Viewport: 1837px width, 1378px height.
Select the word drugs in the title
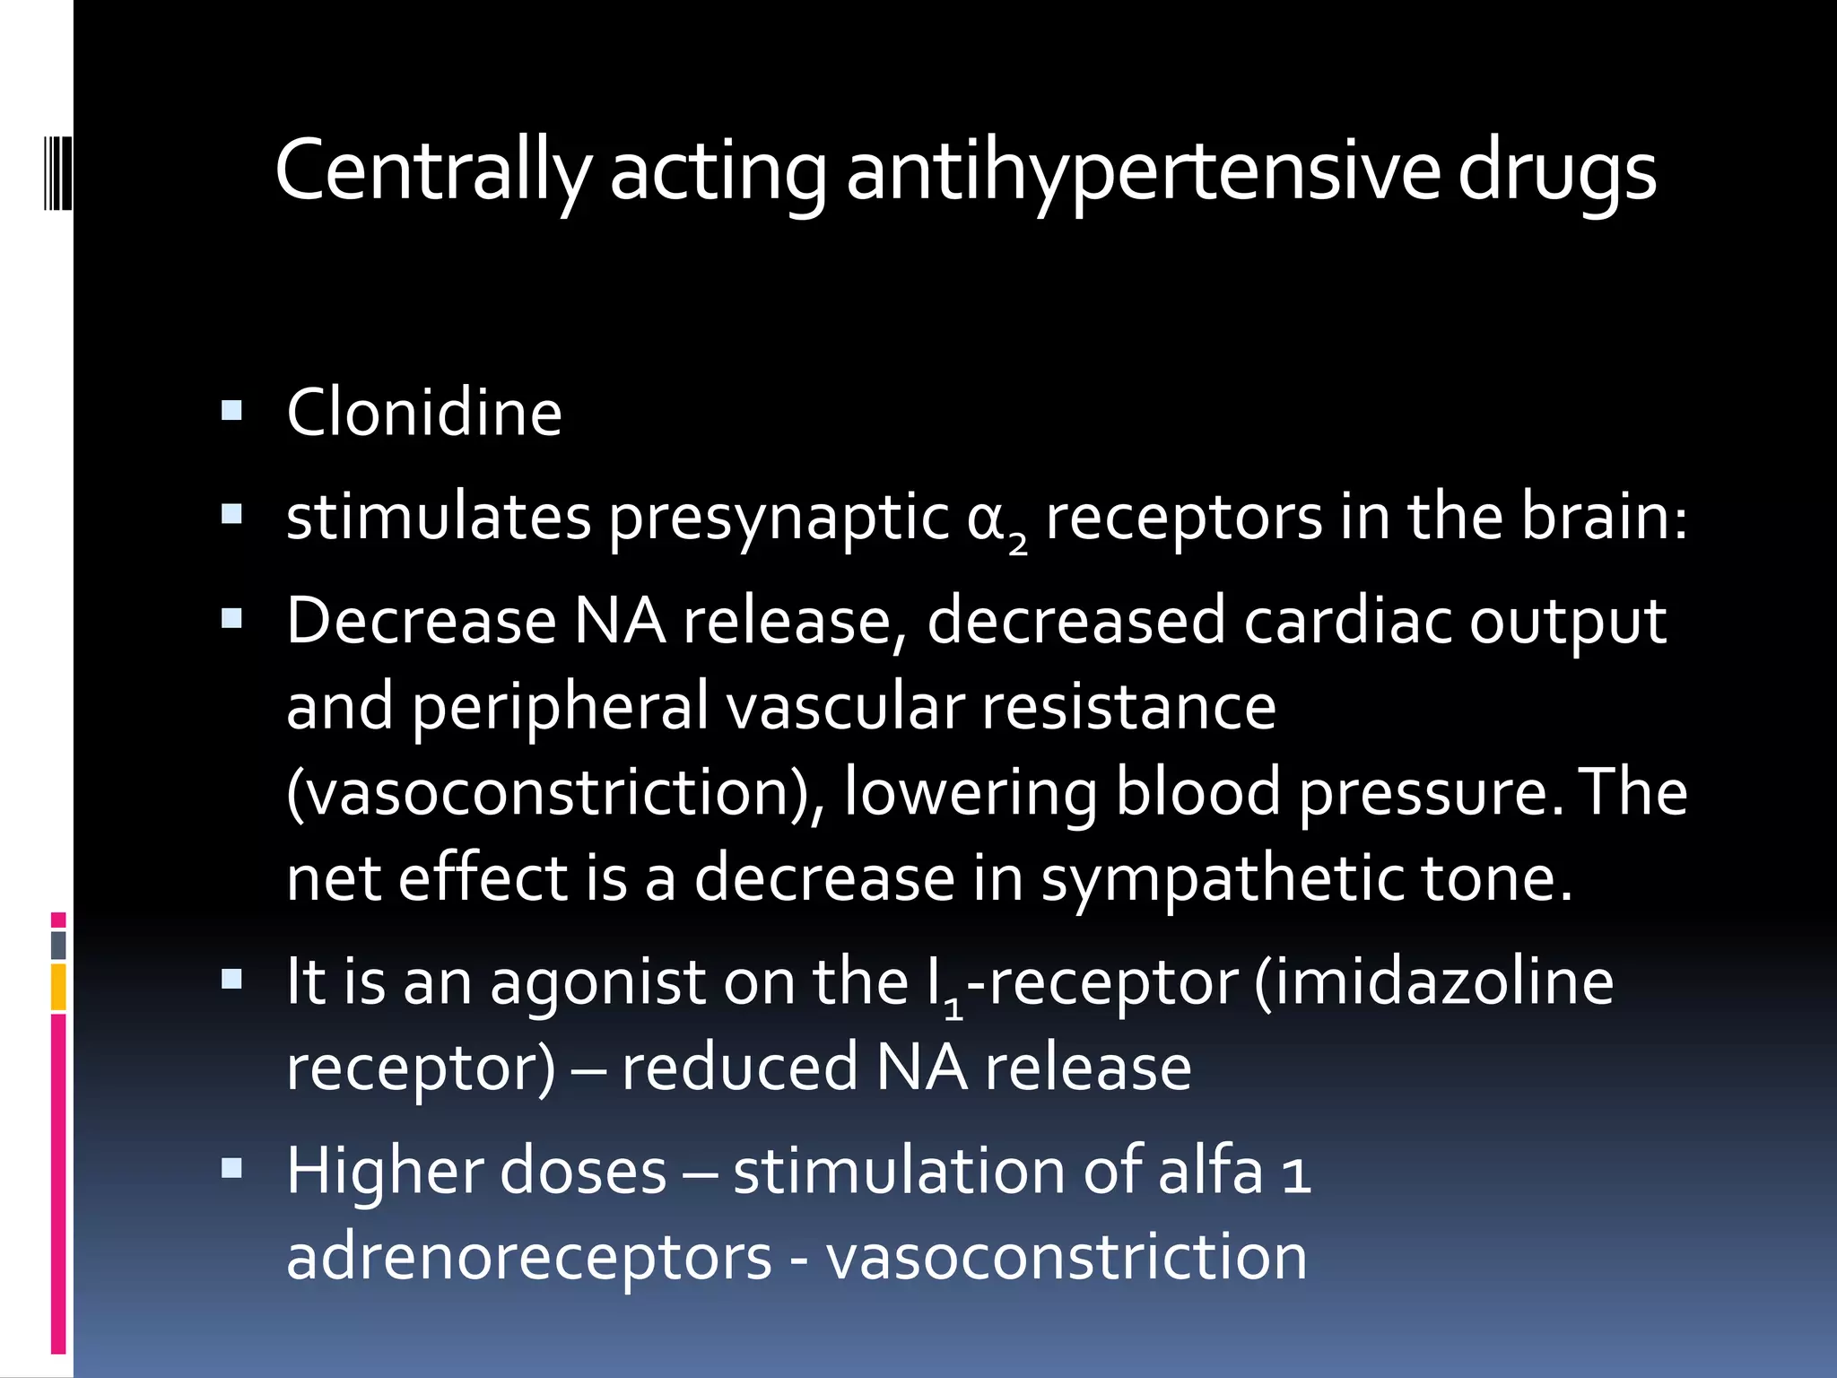pos(1556,170)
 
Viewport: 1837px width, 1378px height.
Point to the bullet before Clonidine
pos(231,411)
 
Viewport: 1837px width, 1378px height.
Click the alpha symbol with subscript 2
pos(996,520)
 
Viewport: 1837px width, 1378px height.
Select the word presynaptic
pos(779,519)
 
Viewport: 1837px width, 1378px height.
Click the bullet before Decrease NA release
pos(231,618)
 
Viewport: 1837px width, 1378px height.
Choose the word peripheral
pos(560,707)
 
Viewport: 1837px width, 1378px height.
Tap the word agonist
pos(597,982)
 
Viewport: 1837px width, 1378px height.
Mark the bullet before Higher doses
pos(231,1168)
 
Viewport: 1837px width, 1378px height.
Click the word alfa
pos(1209,1171)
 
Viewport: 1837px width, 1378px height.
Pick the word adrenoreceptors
pos(528,1258)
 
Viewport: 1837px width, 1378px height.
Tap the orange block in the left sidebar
pos(58,987)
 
